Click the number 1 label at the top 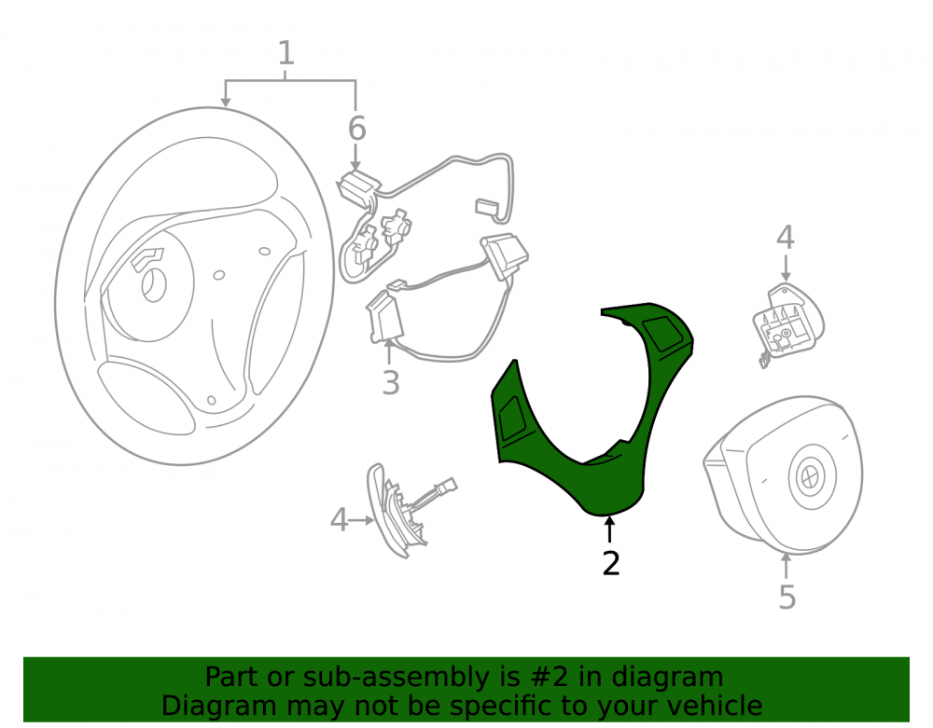(x=286, y=53)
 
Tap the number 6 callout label (x=356, y=129)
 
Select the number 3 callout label (x=390, y=383)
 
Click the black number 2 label (x=611, y=563)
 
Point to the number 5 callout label (x=787, y=597)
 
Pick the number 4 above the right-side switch (x=786, y=237)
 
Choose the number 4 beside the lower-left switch (x=340, y=519)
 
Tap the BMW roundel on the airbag (x=810, y=475)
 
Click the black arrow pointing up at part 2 (x=608, y=529)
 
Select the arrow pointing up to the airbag (x=786, y=566)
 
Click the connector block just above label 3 (x=385, y=319)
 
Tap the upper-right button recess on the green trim (x=661, y=334)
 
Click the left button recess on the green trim (x=511, y=419)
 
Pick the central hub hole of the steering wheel (x=154, y=284)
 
